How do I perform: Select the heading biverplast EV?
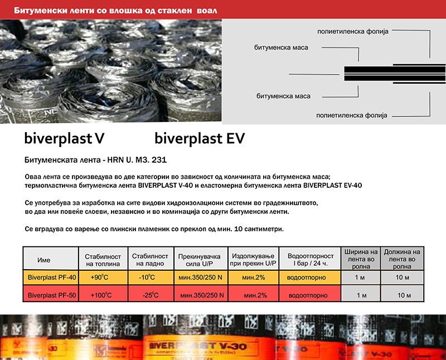pyautogui.click(x=199, y=137)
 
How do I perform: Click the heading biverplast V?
pyautogui.click(x=64, y=137)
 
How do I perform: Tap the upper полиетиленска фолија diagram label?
pyautogui.click(x=351, y=31)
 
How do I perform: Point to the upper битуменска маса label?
pyautogui.click(x=282, y=47)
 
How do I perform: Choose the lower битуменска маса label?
pyautogui.click(x=282, y=96)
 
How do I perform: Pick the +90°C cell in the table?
pyautogui.click(x=101, y=277)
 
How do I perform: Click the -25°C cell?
pyautogui.click(x=151, y=294)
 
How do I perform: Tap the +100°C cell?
pyautogui.click(x=101, y=294)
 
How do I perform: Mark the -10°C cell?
pyautogui.click(x=151, y=277)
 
